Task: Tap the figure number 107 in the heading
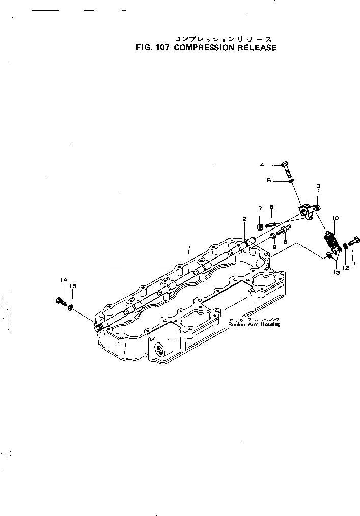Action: pyautogui.click(x=162, y=48)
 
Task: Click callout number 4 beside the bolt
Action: pyautogui.click(x=262, y=164)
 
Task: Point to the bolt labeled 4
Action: pyautogui.click(x=287, y=167)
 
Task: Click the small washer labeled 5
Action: pyautogui.click(x=290, y=180)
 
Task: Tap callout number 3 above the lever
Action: pyautogui.click(x=318, y=187)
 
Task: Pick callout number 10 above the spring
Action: pyautogui.click(x=335, y=218)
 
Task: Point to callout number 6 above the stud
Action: pyautogui.click(x=271, y=207)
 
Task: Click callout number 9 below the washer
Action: pyautogui.click(x=274, y=247)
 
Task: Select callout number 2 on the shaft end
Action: pyautogui.click(x=244, y=219)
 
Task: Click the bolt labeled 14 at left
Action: pyautogui.click(x=60, y=301)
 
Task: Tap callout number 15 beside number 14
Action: pyautogui.click(x=73, y=286)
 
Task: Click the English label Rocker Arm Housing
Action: pyautogui.click(x=254, y=324)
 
